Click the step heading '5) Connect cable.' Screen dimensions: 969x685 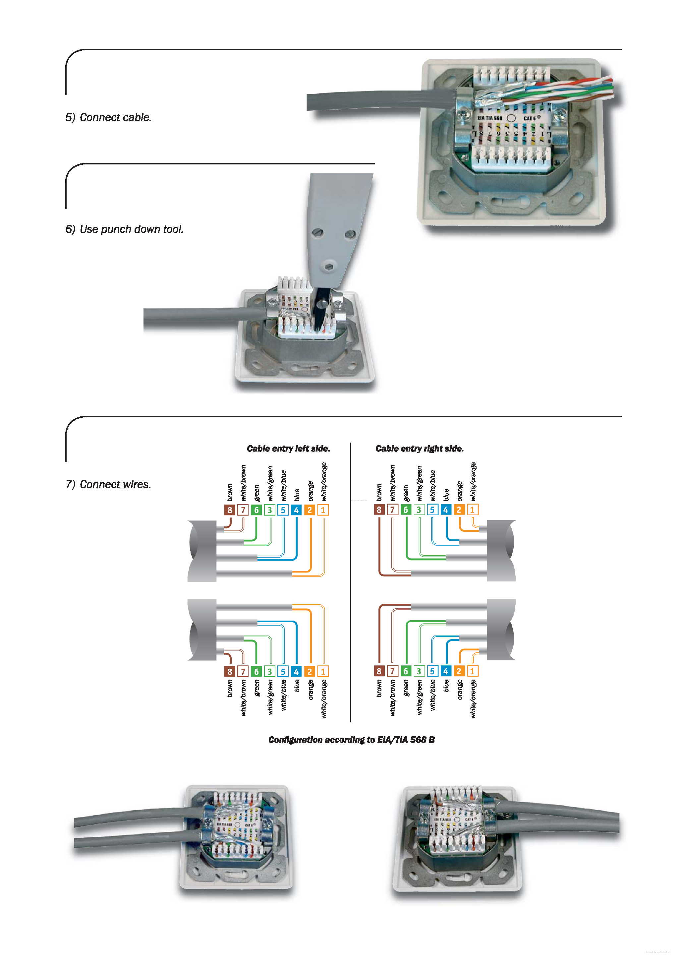point(108,117)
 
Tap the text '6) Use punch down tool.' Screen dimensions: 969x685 point(124,229)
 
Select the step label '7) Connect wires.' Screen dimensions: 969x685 point(108,485)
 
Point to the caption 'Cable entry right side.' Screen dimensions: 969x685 point(419,449)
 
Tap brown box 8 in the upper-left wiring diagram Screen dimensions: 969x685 point(229,510)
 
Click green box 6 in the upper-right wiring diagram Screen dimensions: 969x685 point(406,510)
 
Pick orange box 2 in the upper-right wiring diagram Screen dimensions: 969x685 point(459,510)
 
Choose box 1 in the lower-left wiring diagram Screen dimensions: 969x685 point(323,671)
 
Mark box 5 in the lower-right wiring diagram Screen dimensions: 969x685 point(432,671)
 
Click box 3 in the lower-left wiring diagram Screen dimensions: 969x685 point(269,671)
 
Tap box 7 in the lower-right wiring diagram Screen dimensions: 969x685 point(392,671)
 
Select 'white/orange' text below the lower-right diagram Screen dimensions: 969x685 point(473,698)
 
